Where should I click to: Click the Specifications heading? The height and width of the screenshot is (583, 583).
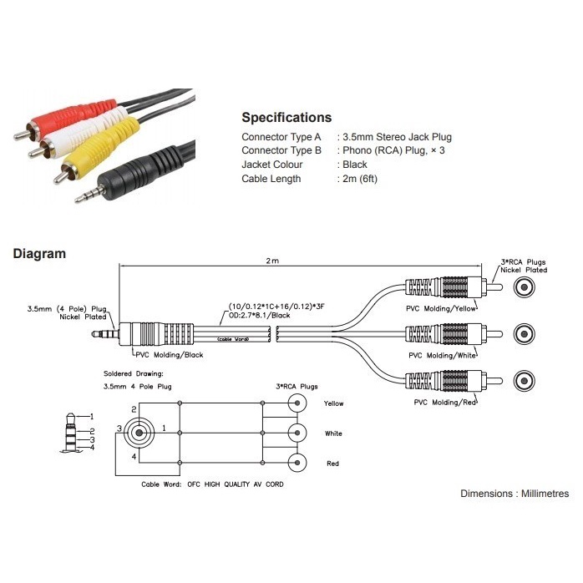(286, 118)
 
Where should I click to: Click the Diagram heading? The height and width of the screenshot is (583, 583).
(39, 254)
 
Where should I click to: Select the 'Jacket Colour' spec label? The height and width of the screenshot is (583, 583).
(272, 165)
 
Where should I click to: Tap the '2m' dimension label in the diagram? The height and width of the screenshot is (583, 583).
(272, 261)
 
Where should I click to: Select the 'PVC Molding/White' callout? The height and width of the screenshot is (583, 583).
(444, 355)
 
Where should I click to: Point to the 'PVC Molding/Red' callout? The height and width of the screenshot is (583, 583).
(445, 402)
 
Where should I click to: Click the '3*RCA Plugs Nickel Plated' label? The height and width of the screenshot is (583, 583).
(523, 266)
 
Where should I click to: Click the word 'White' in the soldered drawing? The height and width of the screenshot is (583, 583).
(334, 433)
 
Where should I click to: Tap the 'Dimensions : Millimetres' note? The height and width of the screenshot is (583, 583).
(515, 494)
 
